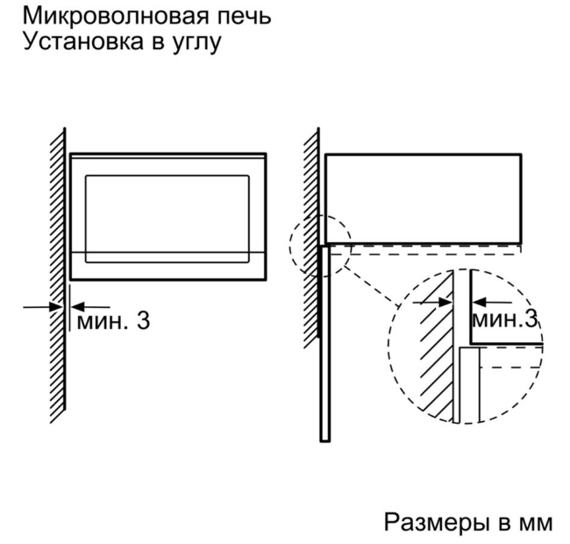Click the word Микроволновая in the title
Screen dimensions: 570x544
click(x=117, y=17)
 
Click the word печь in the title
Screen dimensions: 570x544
click(x=246, y=17)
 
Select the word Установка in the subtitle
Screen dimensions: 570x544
click(x=83, y=41)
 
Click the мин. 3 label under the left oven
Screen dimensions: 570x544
click(x=113, y=321)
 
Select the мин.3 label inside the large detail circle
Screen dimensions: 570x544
click(x=504, y=319)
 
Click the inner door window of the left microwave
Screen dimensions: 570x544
click(x=167, y=218)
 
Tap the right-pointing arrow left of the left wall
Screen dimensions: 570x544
click(x=43, y=307)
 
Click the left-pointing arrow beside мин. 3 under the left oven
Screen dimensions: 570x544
click(x=89, y=307)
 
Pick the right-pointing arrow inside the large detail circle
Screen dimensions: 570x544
click(x=432, y=302)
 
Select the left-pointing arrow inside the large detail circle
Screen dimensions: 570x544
click(x=491, y=302)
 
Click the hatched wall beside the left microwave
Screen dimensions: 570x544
click(x=58, y=276)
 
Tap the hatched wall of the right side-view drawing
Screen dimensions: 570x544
click(x=311, y=238)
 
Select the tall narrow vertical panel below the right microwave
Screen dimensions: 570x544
click(x=325, y=343)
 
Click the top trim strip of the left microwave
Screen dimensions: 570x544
click(x=168, y=156)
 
